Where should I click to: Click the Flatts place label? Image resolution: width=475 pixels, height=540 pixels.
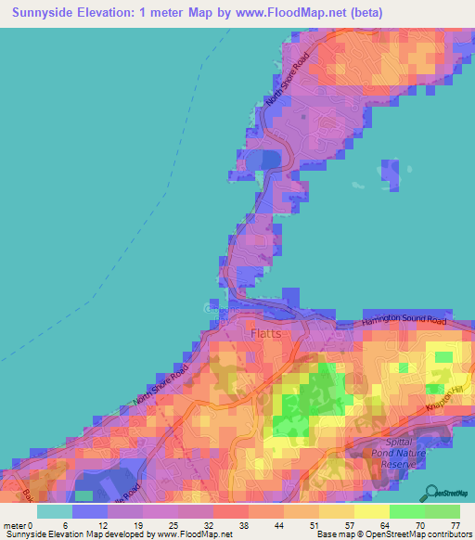click(265, 332)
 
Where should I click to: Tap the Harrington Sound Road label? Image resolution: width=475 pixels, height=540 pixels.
click(404, 322)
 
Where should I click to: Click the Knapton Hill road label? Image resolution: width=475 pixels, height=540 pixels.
click(443, 400)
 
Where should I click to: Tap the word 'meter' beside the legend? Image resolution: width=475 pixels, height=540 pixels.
click(13, 525)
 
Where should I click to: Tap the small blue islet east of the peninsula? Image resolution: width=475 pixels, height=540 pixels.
click(390, 172)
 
